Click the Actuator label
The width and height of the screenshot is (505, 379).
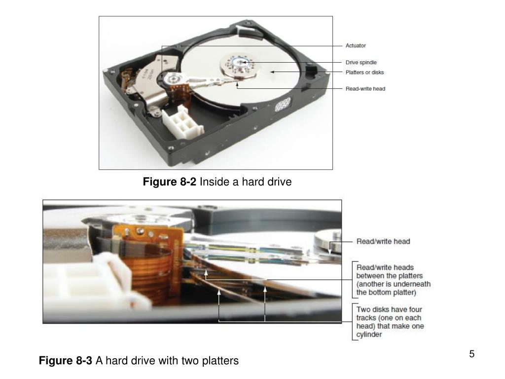click(356, 46)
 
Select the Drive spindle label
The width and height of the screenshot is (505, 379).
click(361, 63)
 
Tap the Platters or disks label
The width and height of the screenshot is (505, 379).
click(364, 73)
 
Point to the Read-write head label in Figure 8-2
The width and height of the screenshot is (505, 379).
click(365, 89)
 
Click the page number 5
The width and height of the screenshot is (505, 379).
click(472, 354)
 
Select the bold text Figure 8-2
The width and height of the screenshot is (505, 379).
click(170, 182)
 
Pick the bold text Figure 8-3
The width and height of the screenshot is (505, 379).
click(66, 360)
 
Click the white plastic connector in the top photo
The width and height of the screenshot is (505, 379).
click(182, 122)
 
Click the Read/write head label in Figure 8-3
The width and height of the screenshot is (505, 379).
click(383, 241)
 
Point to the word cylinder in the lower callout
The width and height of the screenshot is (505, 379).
click(369, 335)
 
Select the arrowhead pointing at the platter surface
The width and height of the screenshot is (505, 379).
click(272, 72)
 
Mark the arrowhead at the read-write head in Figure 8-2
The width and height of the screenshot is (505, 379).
click(237, 84)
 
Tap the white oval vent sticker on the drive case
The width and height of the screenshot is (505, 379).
click(283, 105)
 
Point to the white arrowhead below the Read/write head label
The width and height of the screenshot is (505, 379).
click(329, 252)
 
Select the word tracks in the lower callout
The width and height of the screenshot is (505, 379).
click(366, 318)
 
